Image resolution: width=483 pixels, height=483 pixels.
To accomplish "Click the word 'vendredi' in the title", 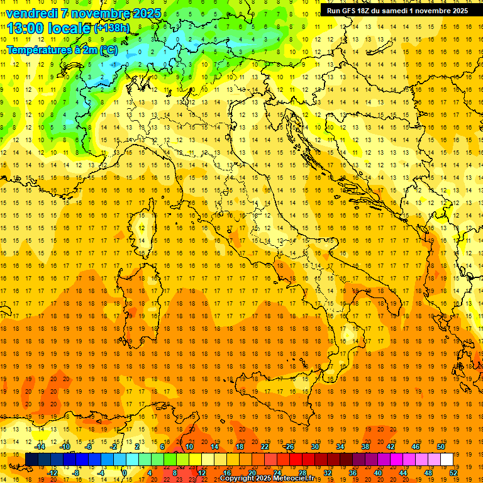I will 31,13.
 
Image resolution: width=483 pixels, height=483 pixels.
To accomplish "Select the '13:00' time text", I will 26,28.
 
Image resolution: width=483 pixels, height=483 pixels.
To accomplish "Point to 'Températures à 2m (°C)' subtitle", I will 62,49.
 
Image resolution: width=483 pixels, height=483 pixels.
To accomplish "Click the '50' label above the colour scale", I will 440,447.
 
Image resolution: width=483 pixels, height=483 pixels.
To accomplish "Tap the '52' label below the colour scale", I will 453,473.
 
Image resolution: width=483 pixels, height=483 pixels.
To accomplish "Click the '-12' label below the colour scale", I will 52,473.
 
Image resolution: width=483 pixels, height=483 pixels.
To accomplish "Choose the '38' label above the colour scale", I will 365,447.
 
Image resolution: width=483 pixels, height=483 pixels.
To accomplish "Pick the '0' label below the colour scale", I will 125,473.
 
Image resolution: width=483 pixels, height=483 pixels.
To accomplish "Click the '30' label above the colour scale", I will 314,447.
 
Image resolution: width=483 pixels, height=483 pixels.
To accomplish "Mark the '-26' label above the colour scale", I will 289,447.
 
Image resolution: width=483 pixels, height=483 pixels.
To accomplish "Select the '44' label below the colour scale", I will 403,473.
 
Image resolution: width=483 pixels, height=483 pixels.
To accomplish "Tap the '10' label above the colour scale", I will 189,447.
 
